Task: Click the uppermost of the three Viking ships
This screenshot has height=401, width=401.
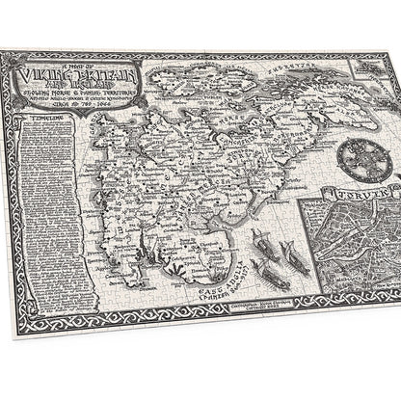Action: tap(261, 237)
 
